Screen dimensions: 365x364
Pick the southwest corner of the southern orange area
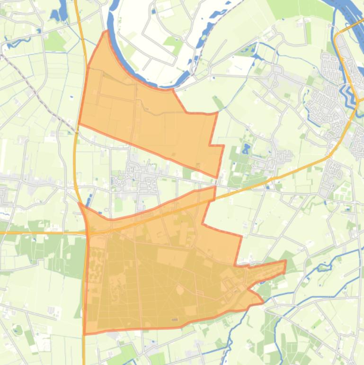[x=84, y=334]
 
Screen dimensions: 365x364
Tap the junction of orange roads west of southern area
[x=88, y=232]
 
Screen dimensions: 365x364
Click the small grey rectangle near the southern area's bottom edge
[x=175, y=319]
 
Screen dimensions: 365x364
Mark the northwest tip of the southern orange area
[x=79, y=203]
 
